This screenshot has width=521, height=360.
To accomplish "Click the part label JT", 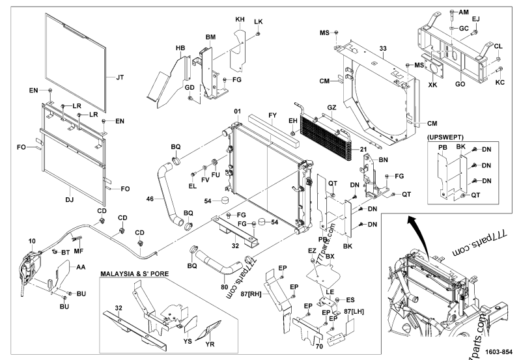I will [x=120, y=77].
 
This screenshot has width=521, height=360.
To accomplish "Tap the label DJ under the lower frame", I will [x=70, y=193].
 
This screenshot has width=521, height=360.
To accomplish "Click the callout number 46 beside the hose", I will [x=150, y=198].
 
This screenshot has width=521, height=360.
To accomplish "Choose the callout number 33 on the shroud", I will [x=383, y=49].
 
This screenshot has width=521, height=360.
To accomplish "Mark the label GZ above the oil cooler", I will [x=331, y=107].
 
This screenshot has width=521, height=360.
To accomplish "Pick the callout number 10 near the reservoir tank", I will [x=32, y=242].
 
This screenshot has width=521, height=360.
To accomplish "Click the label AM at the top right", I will [x=463, y=12].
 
